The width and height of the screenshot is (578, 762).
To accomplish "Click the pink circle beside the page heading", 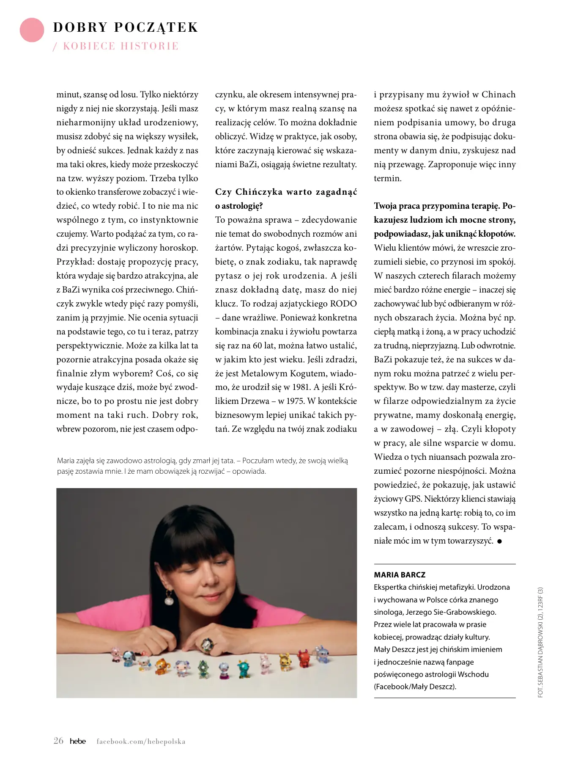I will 32,30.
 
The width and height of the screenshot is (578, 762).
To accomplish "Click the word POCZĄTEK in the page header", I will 156,28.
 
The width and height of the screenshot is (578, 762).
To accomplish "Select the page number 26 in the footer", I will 58,740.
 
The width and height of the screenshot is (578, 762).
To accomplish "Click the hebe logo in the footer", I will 78,741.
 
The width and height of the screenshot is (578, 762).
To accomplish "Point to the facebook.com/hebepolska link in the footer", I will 141,741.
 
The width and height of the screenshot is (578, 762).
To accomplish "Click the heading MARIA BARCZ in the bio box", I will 400,574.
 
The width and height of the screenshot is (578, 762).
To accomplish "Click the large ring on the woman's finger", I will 207,644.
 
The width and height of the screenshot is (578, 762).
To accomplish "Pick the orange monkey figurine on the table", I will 162,667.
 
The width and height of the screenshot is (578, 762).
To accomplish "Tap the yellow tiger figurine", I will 285,662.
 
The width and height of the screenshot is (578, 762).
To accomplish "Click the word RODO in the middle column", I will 343,304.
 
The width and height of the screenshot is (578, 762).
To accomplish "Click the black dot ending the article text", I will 499,541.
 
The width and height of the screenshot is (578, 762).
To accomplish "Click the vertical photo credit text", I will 540,642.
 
